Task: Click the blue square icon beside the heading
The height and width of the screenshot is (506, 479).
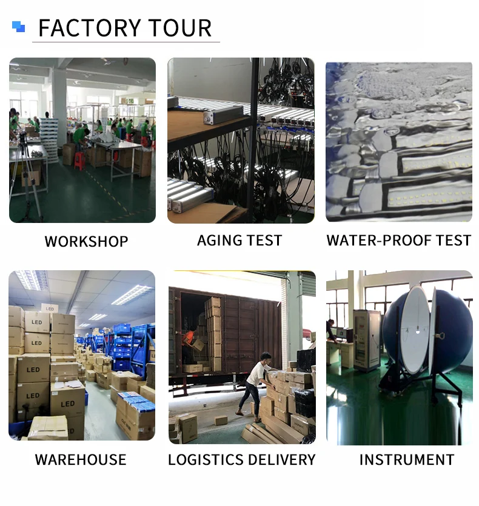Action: point(19,27)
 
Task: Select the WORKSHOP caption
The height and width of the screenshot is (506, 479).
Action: point(86,241)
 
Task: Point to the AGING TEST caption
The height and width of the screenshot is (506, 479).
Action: point(239,241)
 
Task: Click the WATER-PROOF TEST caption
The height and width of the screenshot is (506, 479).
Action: point(398,241)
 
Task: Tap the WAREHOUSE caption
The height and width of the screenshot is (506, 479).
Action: point(81,459)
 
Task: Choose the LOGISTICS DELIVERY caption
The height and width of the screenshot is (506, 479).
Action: point(241,459)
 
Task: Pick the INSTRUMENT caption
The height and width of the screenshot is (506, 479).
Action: point(406,459)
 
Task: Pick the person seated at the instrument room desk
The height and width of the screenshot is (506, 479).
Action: point(330,331)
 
